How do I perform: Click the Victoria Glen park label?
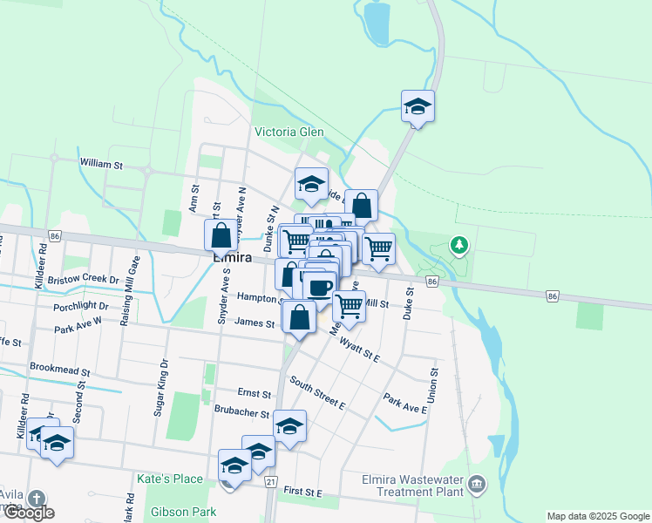click(x=289, y=132)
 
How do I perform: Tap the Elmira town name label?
click(x=233, y=258)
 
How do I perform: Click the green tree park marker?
click(x=458, y=246)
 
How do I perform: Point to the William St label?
click(x=101, y=163)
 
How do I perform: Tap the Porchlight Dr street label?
click(x=80, y=306)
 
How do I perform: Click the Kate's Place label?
click(x=169, y=479)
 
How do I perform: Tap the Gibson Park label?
click(x=182, y=511)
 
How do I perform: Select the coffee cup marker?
click(x=320, y=287)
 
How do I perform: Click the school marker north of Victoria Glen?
click(x=418, y=106)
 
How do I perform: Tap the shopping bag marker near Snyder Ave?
click(x=221, y=234)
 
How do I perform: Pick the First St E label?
click(x=302, y=492)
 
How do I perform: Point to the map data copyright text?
click(x=597, y=516)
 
